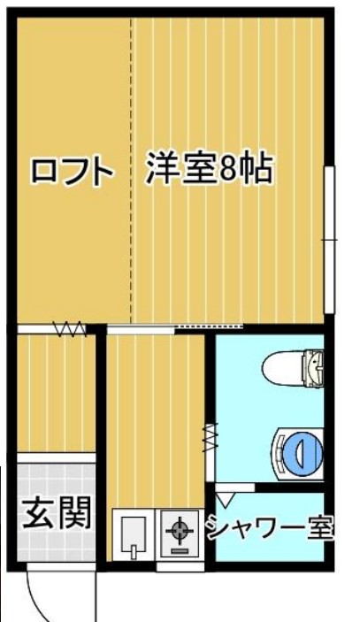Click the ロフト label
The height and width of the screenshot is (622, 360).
(x=73, y=171)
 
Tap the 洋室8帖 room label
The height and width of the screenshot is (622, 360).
(x=209, y=169)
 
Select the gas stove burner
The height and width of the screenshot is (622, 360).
(x=180, y=533)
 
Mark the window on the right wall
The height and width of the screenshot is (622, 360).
(x=329, y=239)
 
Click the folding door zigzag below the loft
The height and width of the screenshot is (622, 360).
(x=69, y=329)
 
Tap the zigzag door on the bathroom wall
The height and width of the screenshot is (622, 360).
(x=210, y=437)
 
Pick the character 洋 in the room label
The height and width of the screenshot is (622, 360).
(x=161, y=169)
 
